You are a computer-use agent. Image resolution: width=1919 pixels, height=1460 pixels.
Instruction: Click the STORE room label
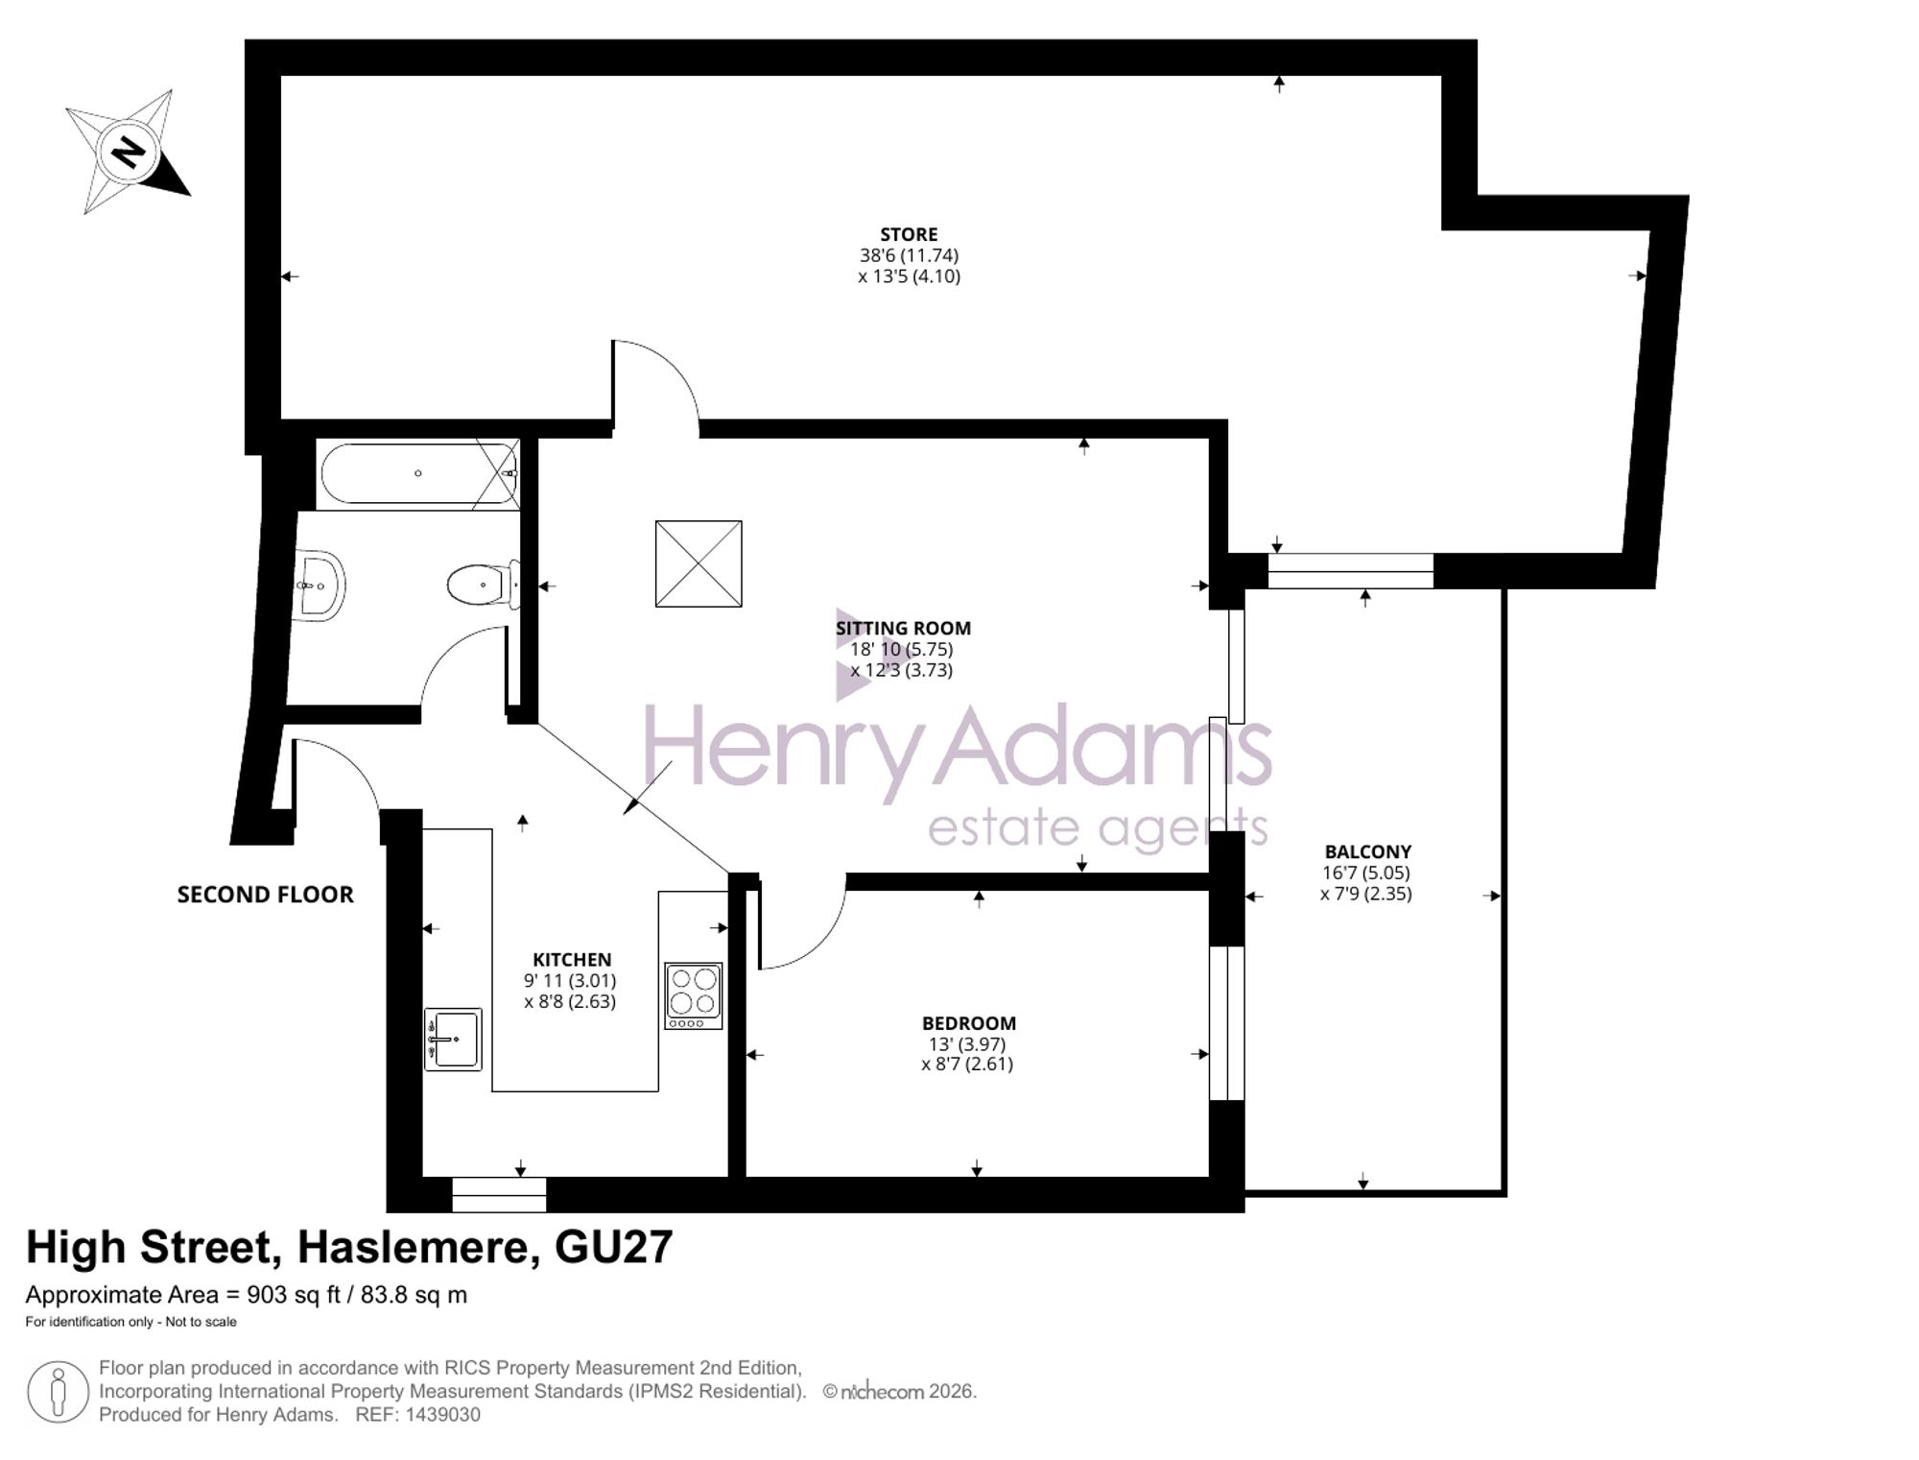[x=909, y=234]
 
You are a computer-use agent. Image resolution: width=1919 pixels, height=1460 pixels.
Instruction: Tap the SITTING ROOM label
[x=903, y=629]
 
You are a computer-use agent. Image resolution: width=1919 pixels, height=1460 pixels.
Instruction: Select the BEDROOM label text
[x=969, y=1023]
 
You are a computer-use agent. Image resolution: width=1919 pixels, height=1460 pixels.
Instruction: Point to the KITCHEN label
[x=572, y=960]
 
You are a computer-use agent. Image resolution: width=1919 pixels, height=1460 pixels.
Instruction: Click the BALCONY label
[x=1367, y=851]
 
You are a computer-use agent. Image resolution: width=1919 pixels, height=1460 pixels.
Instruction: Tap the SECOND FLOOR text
[x=266, y=895]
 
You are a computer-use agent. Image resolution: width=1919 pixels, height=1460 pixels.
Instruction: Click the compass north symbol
[x=128, y=152]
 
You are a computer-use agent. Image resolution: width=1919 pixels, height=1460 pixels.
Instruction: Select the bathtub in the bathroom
[x=419, y=473]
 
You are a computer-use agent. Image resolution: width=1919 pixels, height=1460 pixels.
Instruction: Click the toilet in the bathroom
[x=484, y=585]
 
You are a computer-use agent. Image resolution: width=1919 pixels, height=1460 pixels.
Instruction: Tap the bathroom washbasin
[x=320, y=585]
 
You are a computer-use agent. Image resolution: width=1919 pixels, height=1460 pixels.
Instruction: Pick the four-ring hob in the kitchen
[x=694, y=996]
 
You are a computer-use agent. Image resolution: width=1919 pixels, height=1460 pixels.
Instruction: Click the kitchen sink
[x=453, y=1040]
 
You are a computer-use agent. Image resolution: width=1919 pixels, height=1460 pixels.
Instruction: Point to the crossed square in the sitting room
[x=699, y=563]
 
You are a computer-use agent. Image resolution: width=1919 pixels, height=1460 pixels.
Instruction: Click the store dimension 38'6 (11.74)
[x=909, y=255]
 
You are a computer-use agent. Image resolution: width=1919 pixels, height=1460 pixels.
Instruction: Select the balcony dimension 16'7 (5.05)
[x=1366, y=873]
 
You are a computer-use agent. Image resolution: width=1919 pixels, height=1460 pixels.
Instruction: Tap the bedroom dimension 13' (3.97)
[x=967, y=1043]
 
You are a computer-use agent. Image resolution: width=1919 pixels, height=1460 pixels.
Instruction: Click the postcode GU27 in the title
[x=614, y=1248]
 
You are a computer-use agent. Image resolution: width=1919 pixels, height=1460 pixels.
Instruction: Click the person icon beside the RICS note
[x=59, y=1392]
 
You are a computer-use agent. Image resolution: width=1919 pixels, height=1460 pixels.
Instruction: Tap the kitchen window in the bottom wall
[x=499, y=1195]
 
